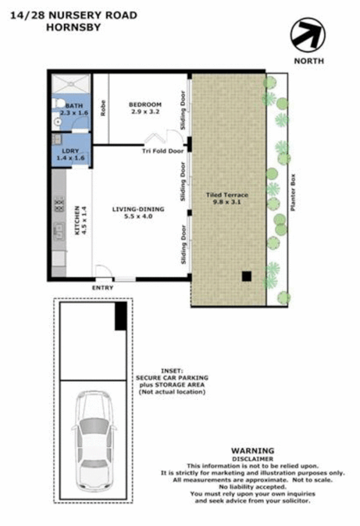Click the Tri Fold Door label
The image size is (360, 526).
pyautogui.click(x=162, y=151)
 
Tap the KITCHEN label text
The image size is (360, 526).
pyautogui.click(x=77, y=221)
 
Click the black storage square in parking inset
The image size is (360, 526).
pyautogui.click(x=120, y=316)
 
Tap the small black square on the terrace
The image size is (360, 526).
pyautogui.click(x=246, y=276)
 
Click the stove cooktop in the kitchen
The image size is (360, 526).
pyautogui.click(x=58, y=205)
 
